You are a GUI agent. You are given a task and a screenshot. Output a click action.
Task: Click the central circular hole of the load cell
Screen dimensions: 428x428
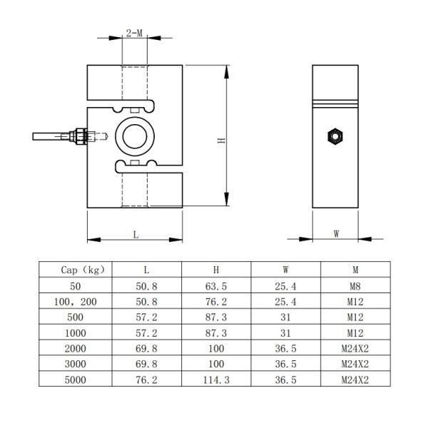coord(134,134)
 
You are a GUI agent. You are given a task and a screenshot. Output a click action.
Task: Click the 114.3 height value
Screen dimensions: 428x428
coord(216,380)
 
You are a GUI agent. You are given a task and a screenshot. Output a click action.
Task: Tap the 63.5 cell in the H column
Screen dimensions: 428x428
coord(216,285)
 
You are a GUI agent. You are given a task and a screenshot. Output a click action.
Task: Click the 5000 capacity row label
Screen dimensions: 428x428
coord(75,380)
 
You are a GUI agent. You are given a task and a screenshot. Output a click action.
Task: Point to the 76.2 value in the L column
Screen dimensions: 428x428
coord(146,380)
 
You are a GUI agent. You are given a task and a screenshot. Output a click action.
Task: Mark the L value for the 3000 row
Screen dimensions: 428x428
coord(146,365)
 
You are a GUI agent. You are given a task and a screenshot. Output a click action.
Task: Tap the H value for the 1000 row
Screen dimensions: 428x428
coord(216,333)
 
